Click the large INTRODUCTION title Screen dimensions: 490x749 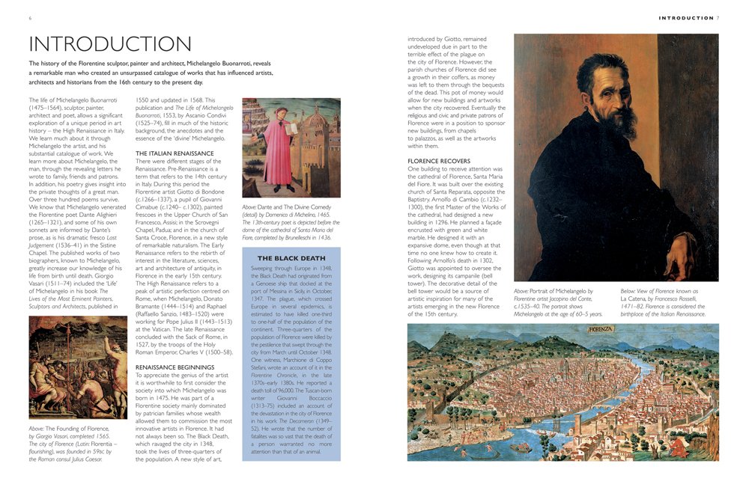110,44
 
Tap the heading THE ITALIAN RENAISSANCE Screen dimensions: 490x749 175,153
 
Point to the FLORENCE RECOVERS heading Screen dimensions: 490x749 439,161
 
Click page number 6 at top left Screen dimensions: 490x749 30,18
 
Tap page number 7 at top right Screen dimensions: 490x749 718,18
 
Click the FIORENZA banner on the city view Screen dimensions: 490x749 601,330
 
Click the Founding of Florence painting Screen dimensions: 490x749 78,367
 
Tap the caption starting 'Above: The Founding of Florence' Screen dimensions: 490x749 77,443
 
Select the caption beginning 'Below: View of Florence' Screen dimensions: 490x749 663,302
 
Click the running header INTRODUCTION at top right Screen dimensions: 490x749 685,18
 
